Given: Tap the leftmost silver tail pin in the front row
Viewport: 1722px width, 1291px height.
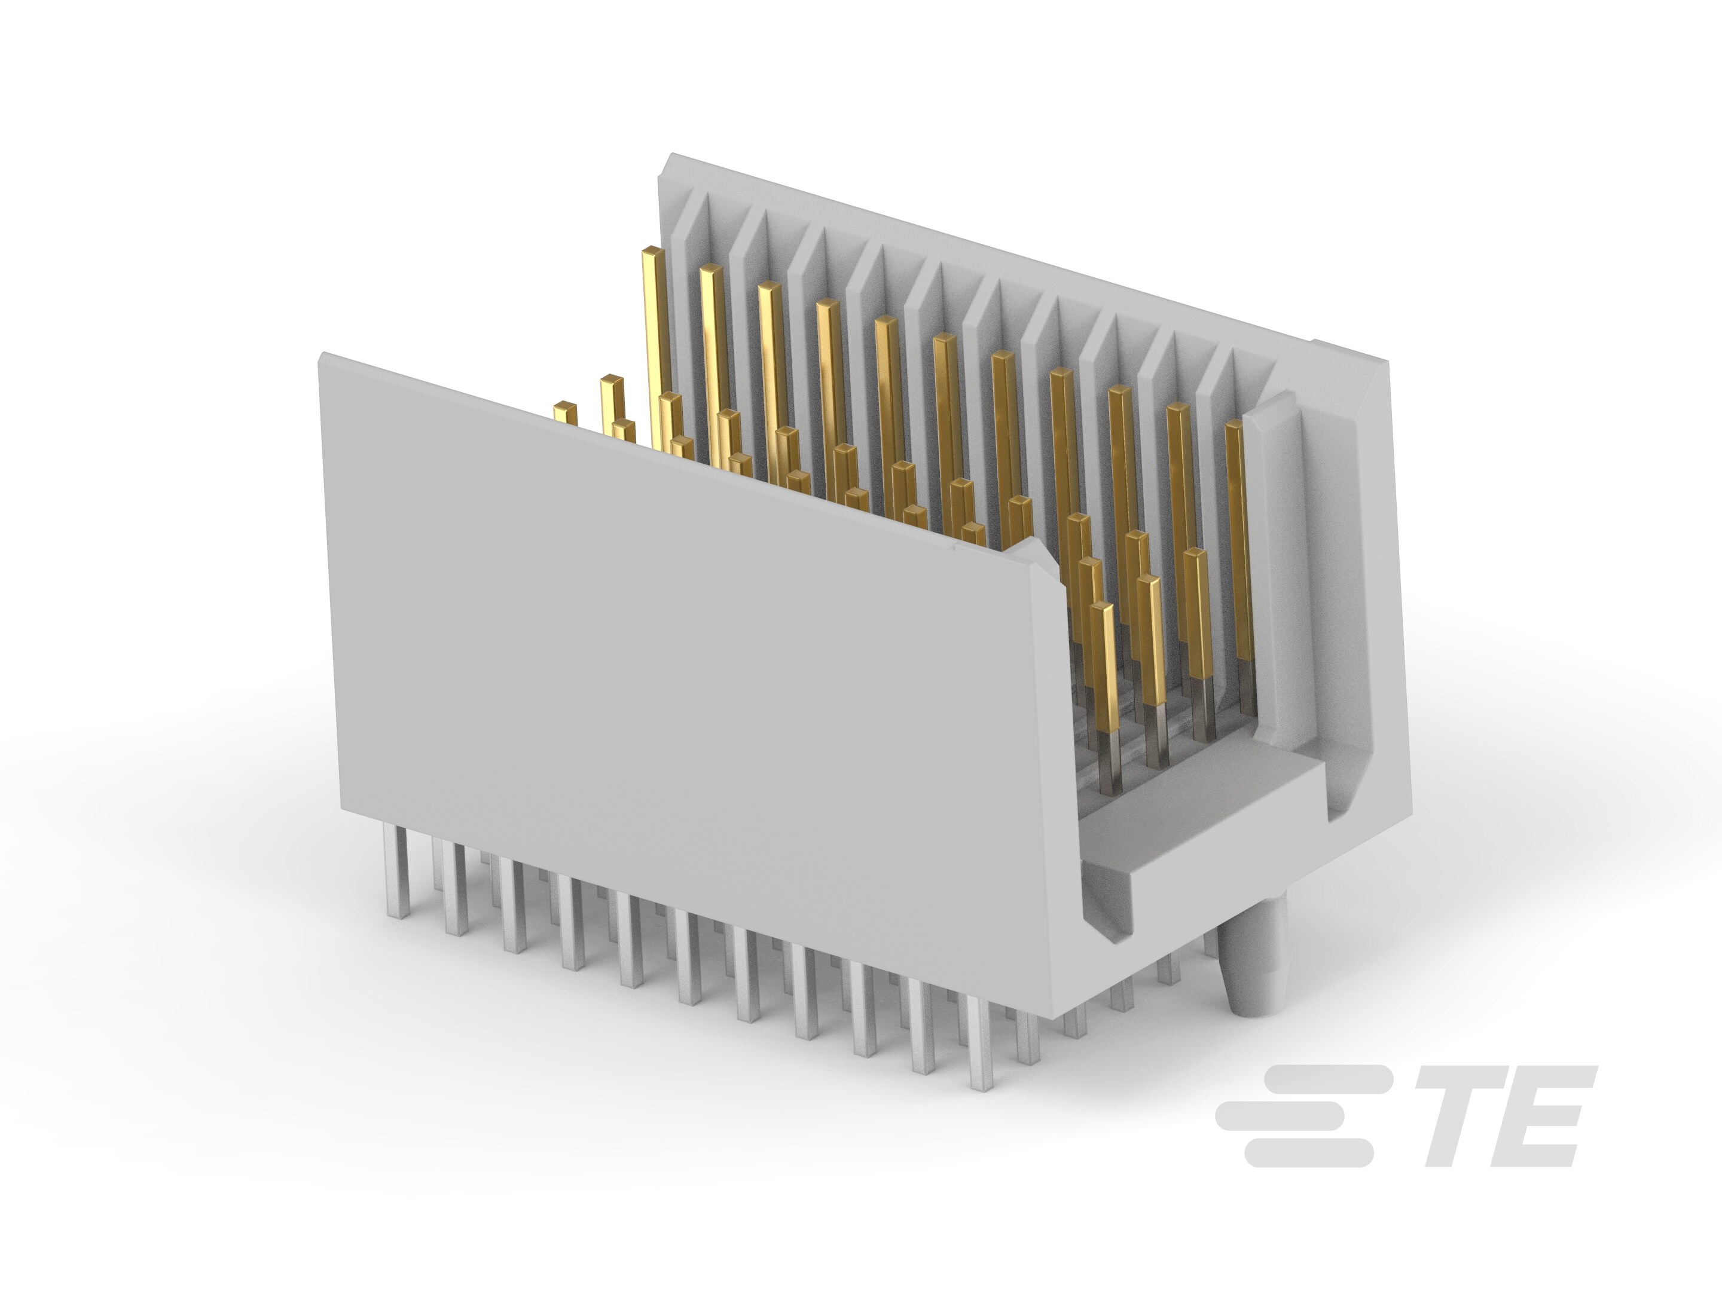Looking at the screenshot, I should [x=397, y=871].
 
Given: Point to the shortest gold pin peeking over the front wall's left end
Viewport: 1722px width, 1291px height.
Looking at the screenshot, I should [x=565, y=412].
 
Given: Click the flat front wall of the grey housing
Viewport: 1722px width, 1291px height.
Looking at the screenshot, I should [x=662, y=700].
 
